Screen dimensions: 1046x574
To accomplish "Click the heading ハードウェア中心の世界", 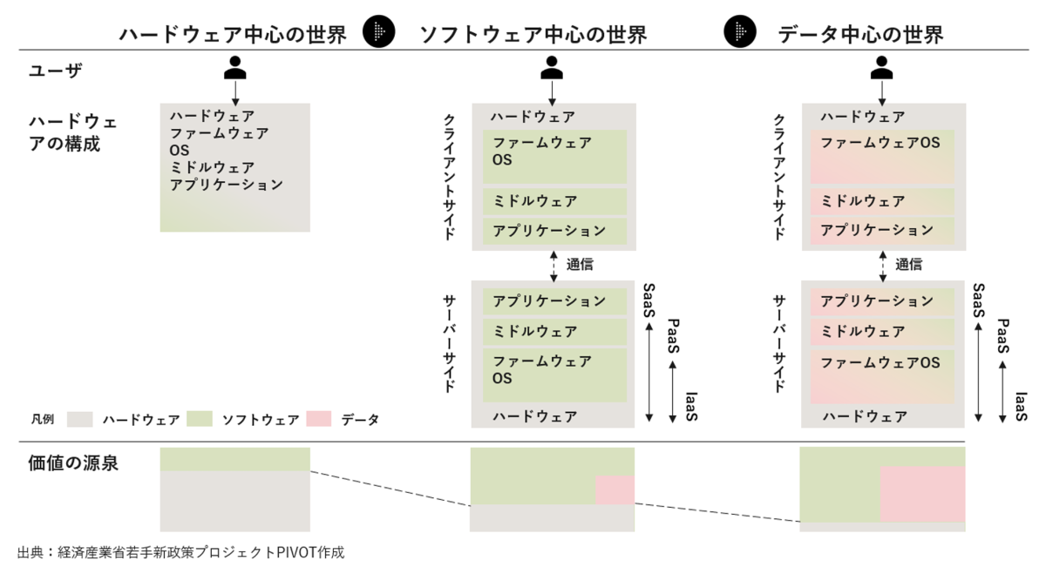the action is click(233, 35).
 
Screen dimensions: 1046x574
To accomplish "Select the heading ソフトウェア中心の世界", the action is click(533, 35).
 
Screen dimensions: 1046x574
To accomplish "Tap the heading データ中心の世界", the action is click(860, 35).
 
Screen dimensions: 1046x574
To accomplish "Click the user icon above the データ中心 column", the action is click(881, 68).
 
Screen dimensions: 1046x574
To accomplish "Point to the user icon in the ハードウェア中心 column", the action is click(234, 68).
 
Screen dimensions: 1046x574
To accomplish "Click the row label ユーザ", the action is click(56, 71).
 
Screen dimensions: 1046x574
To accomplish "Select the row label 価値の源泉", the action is click(73, 463).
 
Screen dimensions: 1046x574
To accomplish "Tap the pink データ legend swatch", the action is click(319, 419).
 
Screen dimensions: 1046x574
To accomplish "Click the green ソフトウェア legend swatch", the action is click(200, 419).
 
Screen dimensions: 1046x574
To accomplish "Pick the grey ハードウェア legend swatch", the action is click(80, 419).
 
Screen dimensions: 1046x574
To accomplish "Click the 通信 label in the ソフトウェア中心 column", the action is click(580, 265).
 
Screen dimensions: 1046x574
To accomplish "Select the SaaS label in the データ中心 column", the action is click(979, 301).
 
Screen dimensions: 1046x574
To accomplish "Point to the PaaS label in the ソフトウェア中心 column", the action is click(673, 336).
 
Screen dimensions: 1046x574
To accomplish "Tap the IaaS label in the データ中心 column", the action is click(1021, 407).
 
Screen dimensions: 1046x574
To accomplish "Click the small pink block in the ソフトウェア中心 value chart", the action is click(615, 490).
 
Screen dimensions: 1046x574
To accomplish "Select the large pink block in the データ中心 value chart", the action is click(923, 494).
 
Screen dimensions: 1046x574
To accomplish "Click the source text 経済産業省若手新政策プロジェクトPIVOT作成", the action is click(200, 552).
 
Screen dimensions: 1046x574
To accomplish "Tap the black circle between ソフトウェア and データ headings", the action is click(740, 31).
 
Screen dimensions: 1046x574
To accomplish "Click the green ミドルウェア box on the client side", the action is click(554, 201).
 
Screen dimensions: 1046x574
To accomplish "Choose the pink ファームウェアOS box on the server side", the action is click(882, 376).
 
